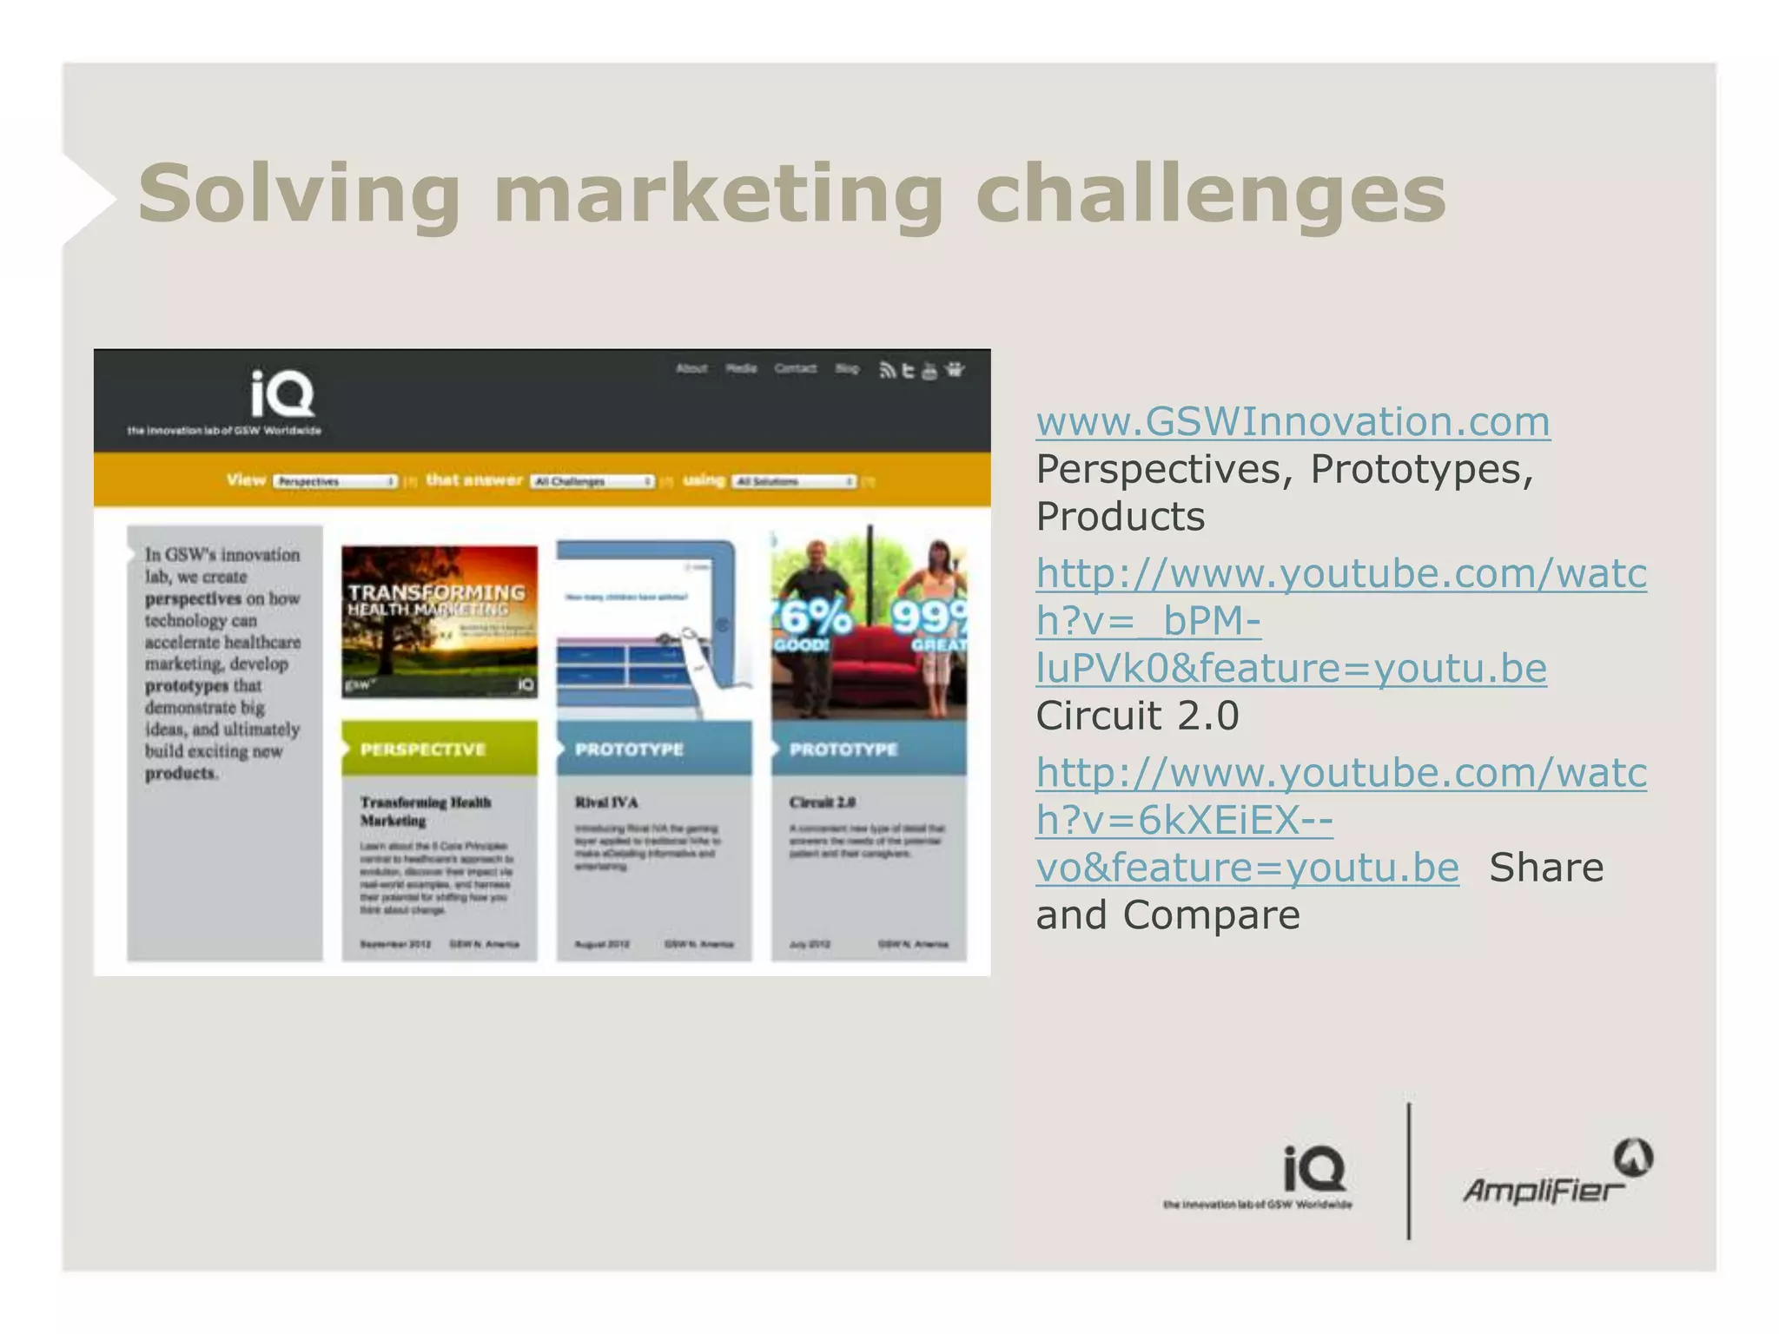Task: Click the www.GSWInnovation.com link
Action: point(1293,422)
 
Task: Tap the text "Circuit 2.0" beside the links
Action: point(1137,716)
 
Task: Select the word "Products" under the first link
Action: point(1120,517)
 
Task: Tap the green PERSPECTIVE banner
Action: point(439,749)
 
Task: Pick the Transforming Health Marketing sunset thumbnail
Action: point(439,621)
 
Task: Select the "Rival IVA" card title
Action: point(606,802)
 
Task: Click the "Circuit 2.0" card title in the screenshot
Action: point(822,802)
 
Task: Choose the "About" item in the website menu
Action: point(691,368)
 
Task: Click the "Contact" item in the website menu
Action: point(795,368)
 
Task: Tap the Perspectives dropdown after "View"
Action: point(335,481)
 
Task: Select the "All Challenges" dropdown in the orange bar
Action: point(592,481)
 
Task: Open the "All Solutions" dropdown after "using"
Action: point(794,481)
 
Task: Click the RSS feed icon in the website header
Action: point(887,371)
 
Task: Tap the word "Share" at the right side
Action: point(1546,868)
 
